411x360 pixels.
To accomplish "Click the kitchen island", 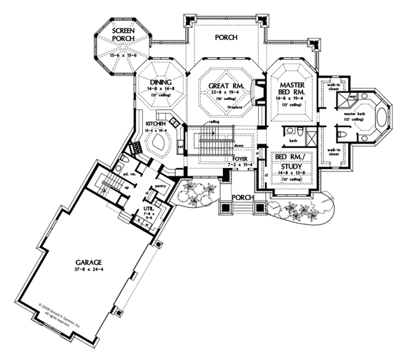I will (156, 146).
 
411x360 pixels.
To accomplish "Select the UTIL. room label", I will (148, 207).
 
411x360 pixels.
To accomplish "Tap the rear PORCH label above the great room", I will (227, 36).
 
